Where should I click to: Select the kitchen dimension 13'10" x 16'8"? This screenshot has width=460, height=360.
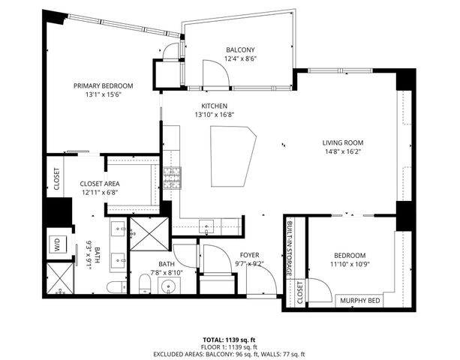[x=214, y=115]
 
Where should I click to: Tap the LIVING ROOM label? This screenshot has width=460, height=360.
[x=343, y=142]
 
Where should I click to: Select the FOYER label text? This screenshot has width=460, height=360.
[x=249, y=255]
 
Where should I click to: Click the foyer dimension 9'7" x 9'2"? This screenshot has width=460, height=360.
[x=249, y=264]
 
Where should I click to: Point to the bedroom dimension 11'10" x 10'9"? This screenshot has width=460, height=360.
[x=350, y=264]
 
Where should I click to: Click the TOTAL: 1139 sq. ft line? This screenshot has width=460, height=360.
[x=229, y=339]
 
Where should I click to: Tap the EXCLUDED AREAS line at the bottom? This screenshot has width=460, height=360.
[x=229, y=354]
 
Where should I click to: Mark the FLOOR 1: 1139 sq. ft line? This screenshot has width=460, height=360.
[x=229, y=346]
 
